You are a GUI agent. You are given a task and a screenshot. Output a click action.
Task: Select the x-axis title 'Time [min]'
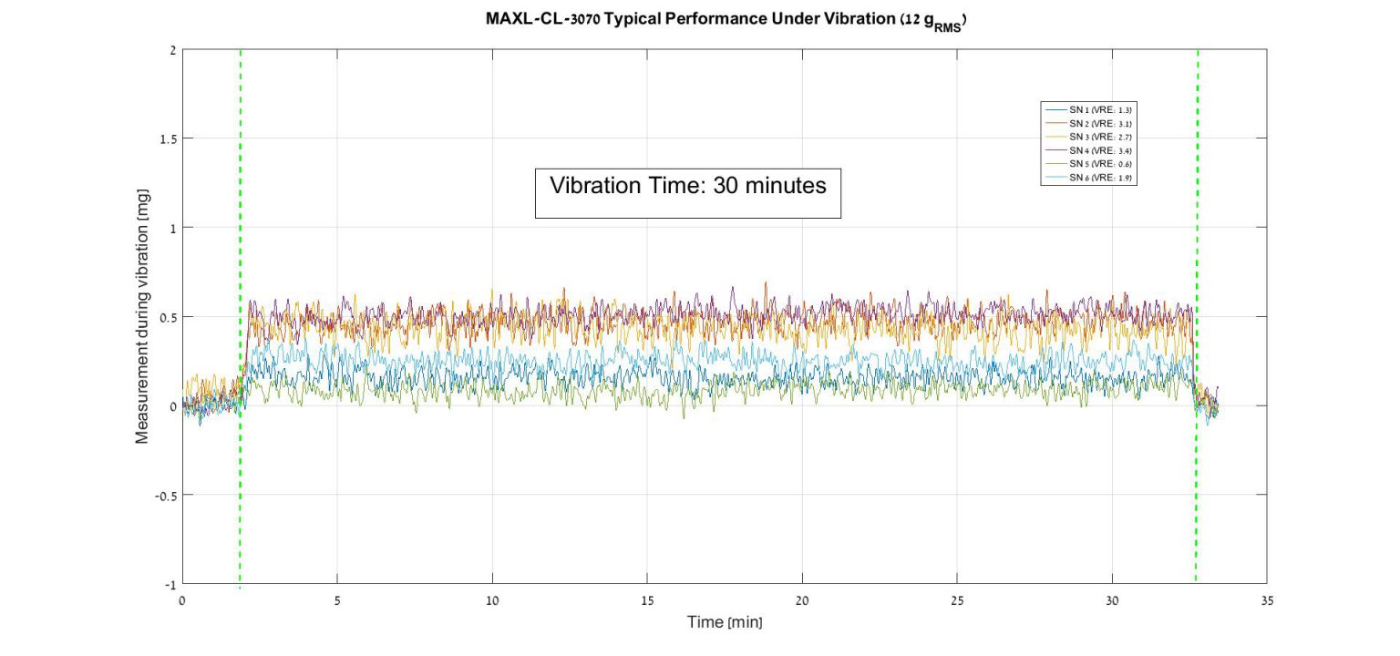tap(725, 622)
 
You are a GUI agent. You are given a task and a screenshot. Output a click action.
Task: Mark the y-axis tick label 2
tap(171, 50)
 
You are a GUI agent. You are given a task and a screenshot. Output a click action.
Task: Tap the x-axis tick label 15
tap(647, 601)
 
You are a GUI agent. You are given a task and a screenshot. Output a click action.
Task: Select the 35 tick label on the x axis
tap(1267, 601)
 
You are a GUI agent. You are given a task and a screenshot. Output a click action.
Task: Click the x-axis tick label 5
tap(337, 601)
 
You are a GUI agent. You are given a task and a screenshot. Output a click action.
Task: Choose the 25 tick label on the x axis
tap(957, 601)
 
